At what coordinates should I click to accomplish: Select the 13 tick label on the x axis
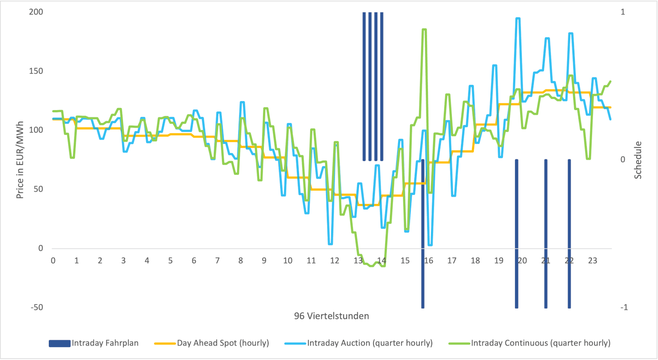(x=358, y=260)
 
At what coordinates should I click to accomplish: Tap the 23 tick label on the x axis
(x=592, y=260)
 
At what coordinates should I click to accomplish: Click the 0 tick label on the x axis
(x=53, y=260)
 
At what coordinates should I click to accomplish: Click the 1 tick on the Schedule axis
(x=623, y=12)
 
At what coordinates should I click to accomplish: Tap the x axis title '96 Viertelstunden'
(x=332, y=316)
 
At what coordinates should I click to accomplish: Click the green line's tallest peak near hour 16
(x=424, y=30)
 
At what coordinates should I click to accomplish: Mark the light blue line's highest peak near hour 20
(x=517, y=18)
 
